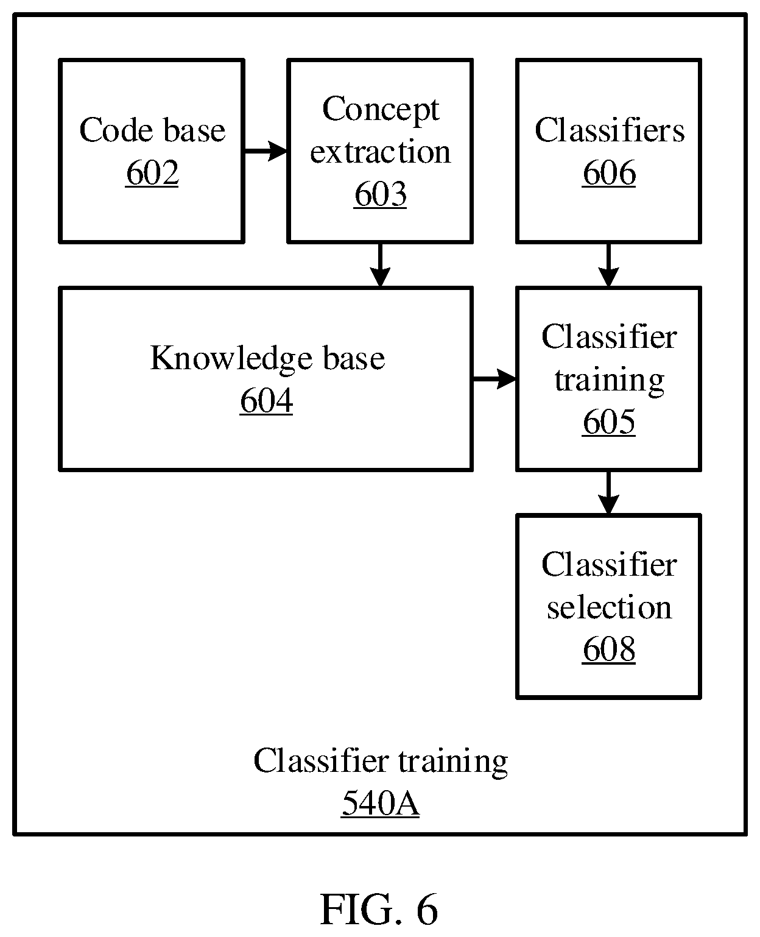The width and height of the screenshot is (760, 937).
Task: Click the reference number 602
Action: [152, 173]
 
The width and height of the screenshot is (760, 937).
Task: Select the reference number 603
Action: [380, 194]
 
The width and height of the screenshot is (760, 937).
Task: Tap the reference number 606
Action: [609, 173]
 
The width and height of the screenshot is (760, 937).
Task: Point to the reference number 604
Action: [266, 400]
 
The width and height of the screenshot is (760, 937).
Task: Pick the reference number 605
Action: [609, 422]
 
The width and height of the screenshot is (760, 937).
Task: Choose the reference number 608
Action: [609, 649]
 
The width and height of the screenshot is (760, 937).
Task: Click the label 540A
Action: [380, 803]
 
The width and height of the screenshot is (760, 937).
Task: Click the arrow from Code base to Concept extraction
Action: [266, 151]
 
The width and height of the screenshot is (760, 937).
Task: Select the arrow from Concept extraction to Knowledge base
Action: [380, 265]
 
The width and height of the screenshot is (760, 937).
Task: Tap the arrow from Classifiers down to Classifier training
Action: [609, 265]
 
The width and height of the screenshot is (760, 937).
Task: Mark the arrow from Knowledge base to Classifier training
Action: [494, 379]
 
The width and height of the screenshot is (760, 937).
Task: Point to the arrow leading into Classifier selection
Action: [609, 493]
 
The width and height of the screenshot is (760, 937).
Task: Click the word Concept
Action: [381, 110]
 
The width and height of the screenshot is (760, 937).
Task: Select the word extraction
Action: [380, 151]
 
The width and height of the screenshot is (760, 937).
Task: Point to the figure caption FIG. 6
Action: [379, 910]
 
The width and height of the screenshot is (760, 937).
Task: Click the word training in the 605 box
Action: [609, 381]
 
